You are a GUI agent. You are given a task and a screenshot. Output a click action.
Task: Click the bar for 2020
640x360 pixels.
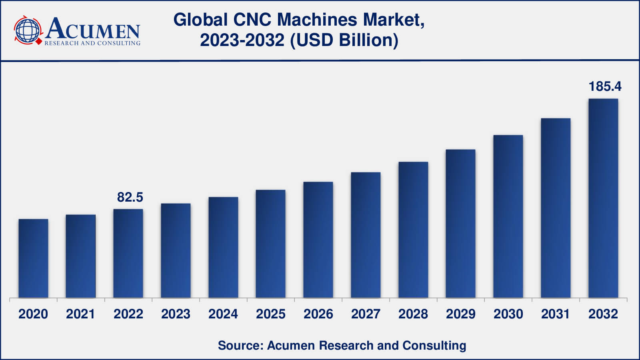(x=33, y=258)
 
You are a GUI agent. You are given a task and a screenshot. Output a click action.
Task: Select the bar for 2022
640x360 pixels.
(x=128, y=254)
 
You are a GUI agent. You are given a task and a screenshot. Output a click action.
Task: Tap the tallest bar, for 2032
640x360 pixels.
(x=603, y=198)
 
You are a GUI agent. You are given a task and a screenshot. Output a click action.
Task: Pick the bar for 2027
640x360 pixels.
(x=366, y=235)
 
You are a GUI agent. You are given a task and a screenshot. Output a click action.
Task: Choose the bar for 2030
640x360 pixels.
(x=508, y=216)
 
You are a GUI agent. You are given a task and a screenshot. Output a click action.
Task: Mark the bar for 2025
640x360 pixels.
(x=270, y=244)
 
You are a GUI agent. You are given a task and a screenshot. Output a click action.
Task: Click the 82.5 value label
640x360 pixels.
(x=130, y=197)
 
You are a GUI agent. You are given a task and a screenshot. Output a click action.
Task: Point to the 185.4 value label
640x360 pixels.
(x=605, y=86)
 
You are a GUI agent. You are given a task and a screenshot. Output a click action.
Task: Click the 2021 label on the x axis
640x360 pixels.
(x=80, y=314)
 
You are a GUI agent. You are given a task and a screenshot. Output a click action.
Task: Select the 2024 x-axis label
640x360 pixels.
(x=223, y=314)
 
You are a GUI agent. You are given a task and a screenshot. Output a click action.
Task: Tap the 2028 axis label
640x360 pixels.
(x=413, y=314)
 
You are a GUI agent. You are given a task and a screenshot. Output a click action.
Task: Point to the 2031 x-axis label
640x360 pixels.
(x=556, y=314)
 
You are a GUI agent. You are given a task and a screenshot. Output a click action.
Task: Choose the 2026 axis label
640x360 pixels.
(x=318, y=314)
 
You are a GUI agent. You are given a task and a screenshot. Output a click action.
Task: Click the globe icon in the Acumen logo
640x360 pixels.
(x=28, y=30)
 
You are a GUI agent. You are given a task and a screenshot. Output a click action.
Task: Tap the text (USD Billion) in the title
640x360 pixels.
(x=344, y=40)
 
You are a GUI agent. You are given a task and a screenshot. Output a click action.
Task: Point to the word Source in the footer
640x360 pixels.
(x=238, y=345)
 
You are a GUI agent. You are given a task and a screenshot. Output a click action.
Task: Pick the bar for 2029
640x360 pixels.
(x=460, y=224)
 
